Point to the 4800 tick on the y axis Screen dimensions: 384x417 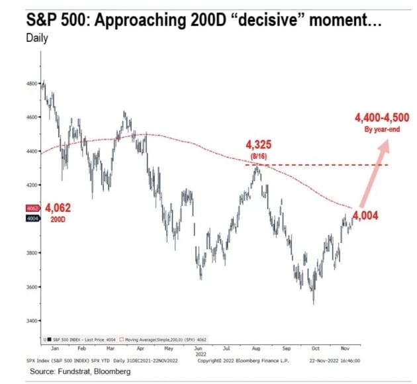(32, 83)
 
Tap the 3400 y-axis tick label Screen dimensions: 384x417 (32, 321)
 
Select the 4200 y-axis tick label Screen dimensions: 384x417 (32, 185)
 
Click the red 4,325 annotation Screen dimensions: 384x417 (260, 144)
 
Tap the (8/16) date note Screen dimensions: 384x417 (259, 156)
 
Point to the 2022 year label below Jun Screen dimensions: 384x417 (199, 353)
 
